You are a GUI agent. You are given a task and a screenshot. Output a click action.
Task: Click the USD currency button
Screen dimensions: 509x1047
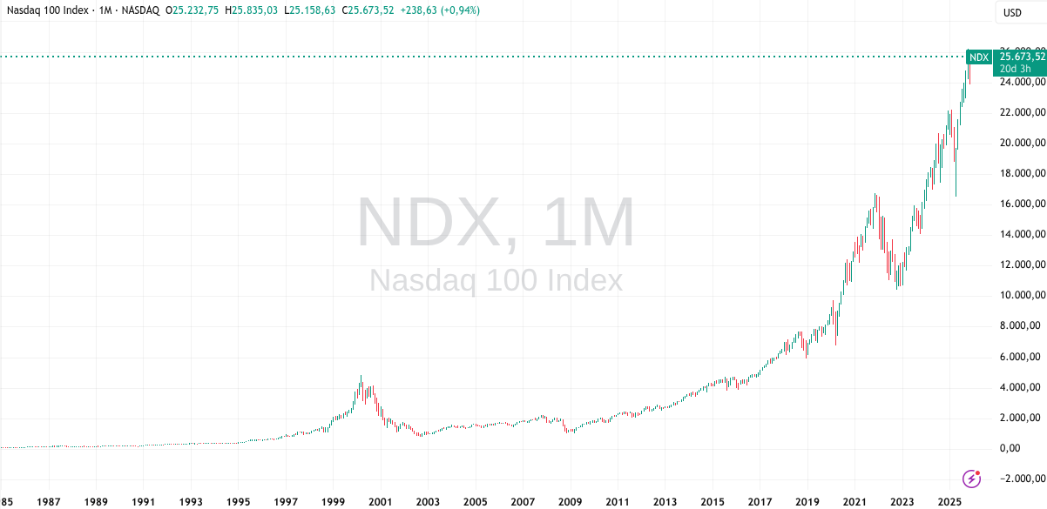click(1012, 12)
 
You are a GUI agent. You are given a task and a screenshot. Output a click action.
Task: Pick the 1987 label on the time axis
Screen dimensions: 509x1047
click(49, 502)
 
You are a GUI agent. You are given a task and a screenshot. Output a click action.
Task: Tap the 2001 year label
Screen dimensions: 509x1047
click(379, 502)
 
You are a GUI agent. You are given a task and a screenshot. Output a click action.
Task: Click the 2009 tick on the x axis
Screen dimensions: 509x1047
click(570, 502)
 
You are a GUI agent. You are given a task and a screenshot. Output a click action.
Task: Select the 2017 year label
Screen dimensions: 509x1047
click(760, 502)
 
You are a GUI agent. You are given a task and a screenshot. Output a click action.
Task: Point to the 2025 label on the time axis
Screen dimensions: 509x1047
click(949, 502)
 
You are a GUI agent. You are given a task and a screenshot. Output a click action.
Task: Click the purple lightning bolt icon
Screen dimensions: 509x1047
click(972, 478)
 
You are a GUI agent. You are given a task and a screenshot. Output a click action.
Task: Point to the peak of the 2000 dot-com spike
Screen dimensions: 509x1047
click(361, 377)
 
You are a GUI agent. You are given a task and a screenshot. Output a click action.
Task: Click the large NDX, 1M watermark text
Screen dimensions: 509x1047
click(496, 224)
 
